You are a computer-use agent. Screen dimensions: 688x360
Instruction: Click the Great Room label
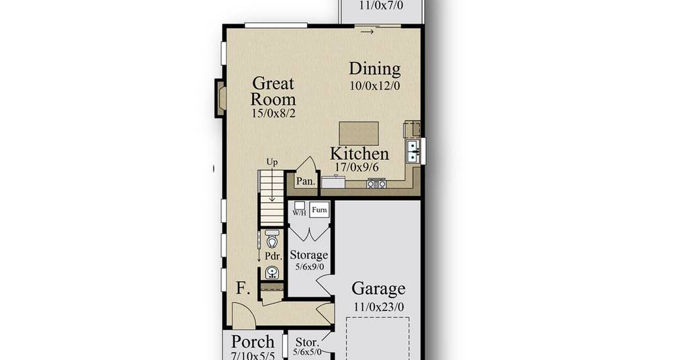click(273, 91)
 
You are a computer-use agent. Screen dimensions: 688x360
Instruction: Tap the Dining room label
click(375, 69)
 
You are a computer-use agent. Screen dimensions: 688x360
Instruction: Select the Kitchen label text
click(359, 154)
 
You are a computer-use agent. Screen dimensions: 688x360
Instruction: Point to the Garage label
click(378, 289)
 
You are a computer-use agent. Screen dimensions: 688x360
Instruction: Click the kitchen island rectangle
click(359, 133)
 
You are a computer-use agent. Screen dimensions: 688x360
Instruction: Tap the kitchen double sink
click(413, 151)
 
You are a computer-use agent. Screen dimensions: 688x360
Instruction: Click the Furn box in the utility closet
click(319, 210)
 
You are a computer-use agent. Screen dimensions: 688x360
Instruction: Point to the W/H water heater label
click(299, 213)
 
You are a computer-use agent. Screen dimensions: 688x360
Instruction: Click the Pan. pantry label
click(306, 181)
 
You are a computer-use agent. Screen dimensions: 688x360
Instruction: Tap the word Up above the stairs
click(272, 163)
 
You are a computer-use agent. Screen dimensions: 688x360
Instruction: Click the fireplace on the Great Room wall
click(220, 98)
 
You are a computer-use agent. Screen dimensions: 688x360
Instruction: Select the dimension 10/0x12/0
click(375, 86)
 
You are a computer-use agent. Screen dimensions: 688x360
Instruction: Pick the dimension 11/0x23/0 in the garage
click(379, 307)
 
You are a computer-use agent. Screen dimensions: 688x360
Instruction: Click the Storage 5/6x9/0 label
click(309, 260)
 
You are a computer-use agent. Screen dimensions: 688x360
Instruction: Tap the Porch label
click(253, 342)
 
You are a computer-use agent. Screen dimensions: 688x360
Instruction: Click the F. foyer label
click(243, 289)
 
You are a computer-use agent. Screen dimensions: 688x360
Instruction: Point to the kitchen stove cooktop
click(376, 184)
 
